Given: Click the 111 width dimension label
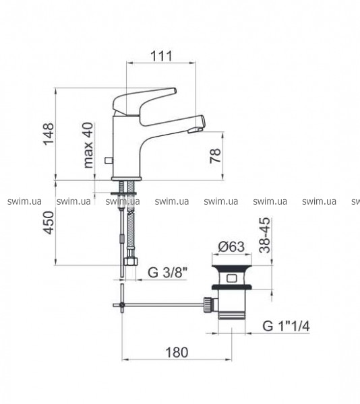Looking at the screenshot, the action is [161, 56].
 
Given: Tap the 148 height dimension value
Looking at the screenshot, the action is [49, 134].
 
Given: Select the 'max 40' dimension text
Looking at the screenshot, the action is [88, 145].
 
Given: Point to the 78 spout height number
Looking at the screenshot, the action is [216, 156].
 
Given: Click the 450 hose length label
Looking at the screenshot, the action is [49, 223].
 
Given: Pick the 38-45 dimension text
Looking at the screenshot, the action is [265, 235].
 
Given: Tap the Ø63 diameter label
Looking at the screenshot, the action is [231, 247].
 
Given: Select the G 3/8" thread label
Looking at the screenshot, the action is [168, 272].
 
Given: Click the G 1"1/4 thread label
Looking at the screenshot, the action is [286, 326].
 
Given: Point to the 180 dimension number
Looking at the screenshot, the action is [177, 352].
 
